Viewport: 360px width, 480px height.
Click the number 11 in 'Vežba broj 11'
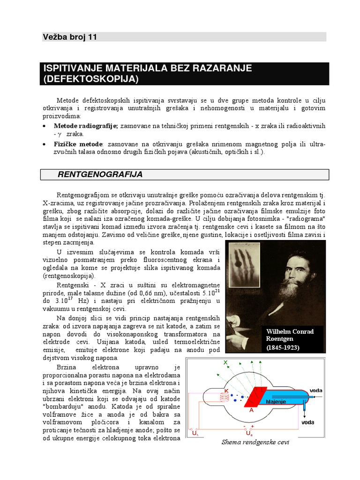[92, 37]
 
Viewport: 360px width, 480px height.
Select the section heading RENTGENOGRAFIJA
[100, 175]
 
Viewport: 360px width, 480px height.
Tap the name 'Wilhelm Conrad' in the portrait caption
[290, 331]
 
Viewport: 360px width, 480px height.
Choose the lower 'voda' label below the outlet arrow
[307, 422]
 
